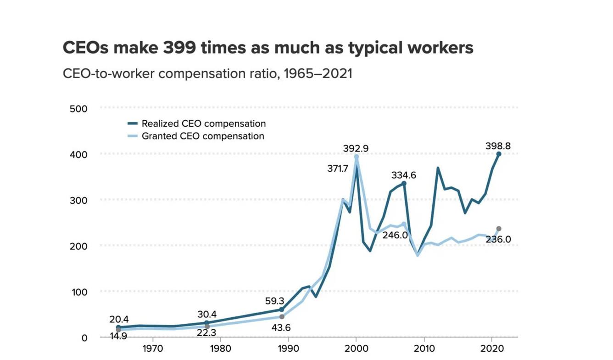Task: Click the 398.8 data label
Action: click(x=498, y=146)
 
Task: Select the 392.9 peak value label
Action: click(x=356, y=148)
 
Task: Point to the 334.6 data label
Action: click(x=403, y=175)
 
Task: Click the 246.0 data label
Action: click(x=395, y=235)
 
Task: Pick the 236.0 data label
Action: click(x=498, y=239)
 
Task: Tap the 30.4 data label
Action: click(x=207, y=314)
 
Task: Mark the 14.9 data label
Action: click(x=118, y=336)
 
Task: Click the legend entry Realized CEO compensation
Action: click(x=203, y=124)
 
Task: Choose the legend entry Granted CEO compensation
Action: click(x=202, y=136)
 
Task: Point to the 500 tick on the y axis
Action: click(x=78, y=109)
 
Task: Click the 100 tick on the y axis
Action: click(x=78, y=292)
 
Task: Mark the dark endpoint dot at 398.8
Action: click(x=499, y=154)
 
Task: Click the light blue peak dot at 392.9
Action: click(x=356, y=157)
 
